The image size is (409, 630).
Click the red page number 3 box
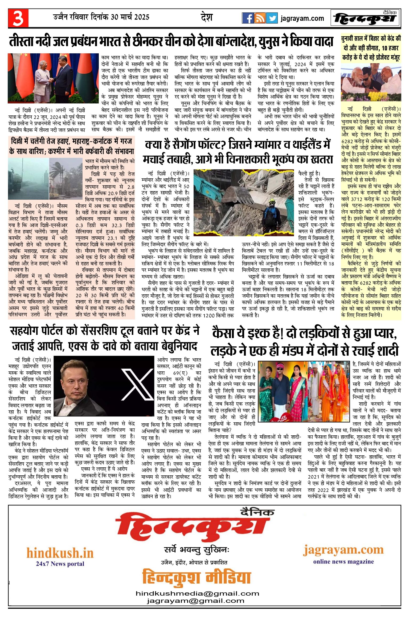18,18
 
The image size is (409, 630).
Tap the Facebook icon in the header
248,18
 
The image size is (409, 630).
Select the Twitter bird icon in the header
272,18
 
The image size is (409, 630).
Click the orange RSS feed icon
260,18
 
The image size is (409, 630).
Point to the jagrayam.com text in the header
302,18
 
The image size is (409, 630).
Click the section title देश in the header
207,18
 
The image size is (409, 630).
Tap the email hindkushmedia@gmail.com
197,593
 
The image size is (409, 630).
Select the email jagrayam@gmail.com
195,601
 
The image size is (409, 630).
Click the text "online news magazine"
343,561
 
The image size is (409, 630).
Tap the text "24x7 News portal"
60,564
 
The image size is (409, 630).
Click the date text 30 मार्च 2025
130,17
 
